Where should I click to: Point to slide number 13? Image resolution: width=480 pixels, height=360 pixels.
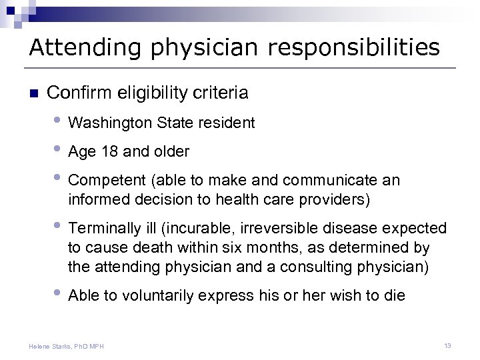coord(447,345)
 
